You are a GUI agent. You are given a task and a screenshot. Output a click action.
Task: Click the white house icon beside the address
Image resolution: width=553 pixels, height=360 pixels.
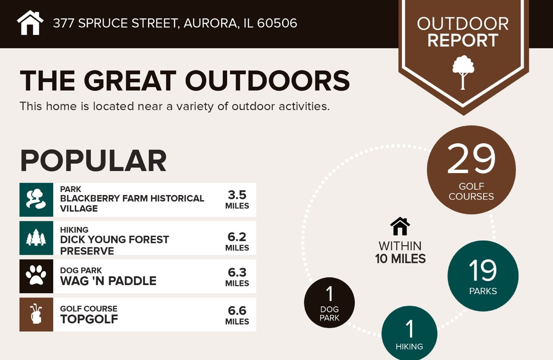tap(30, 23)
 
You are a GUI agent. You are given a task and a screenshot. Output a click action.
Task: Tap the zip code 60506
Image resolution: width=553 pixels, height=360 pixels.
tap(277, 23)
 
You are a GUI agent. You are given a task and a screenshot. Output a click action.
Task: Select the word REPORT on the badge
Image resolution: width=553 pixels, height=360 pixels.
tap(463, 40)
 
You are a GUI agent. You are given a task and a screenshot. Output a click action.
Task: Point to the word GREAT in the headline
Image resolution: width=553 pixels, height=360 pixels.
tap(130, 81)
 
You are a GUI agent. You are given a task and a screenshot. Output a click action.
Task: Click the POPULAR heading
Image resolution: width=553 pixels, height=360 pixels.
tap(93, 161)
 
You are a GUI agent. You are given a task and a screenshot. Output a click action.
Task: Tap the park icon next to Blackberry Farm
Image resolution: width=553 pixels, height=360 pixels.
tap(36, 199)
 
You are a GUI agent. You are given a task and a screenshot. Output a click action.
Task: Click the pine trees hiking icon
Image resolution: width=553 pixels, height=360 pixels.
tap(36, 238)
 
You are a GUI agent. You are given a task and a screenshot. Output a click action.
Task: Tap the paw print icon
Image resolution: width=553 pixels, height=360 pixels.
tap(36, 276)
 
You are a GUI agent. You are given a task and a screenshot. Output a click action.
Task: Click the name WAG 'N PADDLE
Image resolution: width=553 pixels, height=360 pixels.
tap(108, 281)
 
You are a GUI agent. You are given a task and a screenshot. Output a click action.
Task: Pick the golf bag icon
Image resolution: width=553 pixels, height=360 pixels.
tap(36, 314)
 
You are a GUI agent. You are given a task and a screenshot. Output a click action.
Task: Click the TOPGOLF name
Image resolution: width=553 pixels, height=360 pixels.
tap(89, 319)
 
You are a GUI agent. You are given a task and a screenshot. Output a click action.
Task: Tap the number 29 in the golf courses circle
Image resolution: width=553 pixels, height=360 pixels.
tap(471, 159)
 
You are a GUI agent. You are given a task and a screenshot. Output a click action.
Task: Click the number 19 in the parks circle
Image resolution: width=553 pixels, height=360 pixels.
tap(482, 270)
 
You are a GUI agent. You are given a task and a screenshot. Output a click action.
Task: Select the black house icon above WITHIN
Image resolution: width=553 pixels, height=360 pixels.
tap(400, 226)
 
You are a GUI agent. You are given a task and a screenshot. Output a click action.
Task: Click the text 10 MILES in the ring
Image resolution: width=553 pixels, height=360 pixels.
tap(400, 259)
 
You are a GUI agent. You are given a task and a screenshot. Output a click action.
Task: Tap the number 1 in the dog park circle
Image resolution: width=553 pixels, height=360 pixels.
tap(330, 294)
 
